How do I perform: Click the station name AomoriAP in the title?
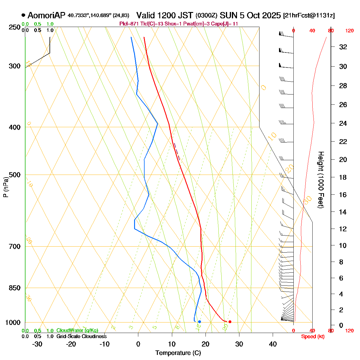46,15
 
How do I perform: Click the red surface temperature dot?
230,322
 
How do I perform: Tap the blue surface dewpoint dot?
199,322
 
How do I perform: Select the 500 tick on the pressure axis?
15,175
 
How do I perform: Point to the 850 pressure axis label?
15,288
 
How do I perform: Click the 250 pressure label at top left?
15,27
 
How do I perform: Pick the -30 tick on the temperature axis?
37,344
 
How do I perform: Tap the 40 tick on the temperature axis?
273,344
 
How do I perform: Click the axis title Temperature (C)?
178,353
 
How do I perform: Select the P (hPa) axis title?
5,187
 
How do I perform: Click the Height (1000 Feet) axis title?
320,180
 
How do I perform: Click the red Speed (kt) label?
313,337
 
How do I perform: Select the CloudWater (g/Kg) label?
77,330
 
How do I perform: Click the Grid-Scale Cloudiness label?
81,336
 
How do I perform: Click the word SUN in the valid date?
226,15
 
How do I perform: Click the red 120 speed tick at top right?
349,31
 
